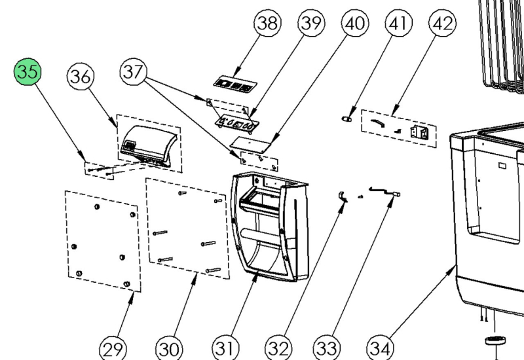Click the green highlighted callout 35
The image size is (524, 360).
click(x=28, y=71)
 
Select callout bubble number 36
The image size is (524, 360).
click(x=81, y=77)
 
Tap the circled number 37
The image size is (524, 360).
click(x=134, y=71)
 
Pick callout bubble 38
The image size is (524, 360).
click(x=268, y=23)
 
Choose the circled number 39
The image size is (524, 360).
click(x=311, y=23)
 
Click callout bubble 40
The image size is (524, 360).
click(x=355, y=23)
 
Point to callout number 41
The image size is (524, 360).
click(x=399, y=23)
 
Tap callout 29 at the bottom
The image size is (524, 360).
click(x=113, y=349)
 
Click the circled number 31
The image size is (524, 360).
click(x=225, y=348)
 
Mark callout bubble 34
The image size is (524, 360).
click(x=381, y=349)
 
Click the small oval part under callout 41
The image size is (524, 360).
click(x=346, y=118)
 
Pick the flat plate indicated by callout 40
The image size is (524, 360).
click(x=251, y=143)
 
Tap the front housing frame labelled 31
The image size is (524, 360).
click(x=269, y=226)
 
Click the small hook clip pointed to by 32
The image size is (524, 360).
click(x=343, y=197)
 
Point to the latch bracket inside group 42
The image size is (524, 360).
click(x=419, y=132)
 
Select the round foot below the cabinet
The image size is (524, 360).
click(x=495, y=340)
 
